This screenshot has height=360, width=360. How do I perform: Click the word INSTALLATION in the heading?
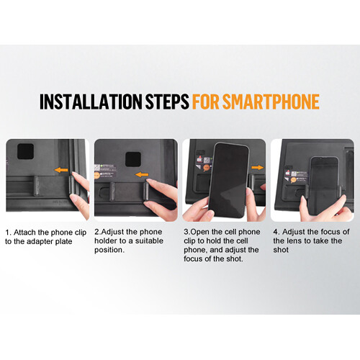(x=91, y=102)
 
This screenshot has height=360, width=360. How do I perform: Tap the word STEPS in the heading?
(x=167, y=102)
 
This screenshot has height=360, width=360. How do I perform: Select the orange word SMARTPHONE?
(x=271, y=102)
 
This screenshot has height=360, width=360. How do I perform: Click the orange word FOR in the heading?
(x=206, y=102)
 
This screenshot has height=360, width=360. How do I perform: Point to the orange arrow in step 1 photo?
(x=61, y=170)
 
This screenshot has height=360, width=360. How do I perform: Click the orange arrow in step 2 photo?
(x=142, y=174)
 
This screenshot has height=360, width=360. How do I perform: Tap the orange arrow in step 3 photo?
(x=258, y=167)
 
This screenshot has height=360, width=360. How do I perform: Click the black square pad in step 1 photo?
(x=25, y=151)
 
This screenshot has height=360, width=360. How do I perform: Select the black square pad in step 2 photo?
(x=133, y=159)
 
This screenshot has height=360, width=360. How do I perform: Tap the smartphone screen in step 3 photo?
(x=228, y=180)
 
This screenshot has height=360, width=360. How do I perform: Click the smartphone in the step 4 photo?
(x=323, y=186)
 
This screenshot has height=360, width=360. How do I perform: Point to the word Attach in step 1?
(x=24, y=233)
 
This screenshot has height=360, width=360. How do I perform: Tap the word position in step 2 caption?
(x=109, y=250)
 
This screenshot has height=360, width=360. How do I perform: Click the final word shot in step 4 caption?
(x=281, y=250)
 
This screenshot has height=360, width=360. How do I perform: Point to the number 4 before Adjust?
(x=276, y=232)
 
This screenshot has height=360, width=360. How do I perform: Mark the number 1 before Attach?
(x=8, y=233)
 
